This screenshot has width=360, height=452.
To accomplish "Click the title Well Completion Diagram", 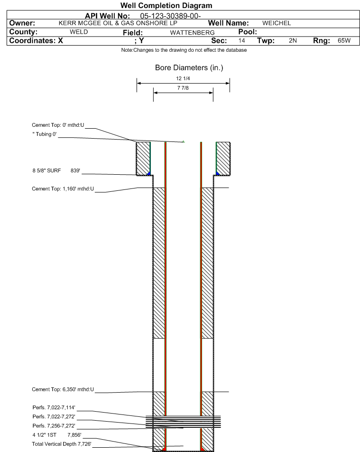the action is coord(166,6).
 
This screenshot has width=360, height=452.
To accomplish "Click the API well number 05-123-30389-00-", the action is coord(170,16).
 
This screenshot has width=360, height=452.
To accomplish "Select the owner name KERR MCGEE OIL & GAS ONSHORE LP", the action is coord(118,23).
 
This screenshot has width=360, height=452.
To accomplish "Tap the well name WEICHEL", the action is coord(277,23).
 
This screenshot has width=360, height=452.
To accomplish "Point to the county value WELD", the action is coord(79,32).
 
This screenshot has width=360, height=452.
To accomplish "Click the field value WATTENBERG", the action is coord(193,33).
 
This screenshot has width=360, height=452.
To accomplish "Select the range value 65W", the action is coord(344,40).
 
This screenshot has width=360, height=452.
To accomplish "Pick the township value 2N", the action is coord(293,40).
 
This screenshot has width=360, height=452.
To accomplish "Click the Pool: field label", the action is coord(248,32).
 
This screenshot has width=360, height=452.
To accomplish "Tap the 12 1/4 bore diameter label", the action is coord(183,78).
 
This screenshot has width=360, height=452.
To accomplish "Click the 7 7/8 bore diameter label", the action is coord(183,88).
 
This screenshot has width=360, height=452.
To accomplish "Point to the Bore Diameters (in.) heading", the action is coord(189,68).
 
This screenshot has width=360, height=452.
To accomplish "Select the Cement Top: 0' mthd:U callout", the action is coord(58,125).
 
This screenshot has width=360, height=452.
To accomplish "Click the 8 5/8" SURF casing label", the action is coord(46,170).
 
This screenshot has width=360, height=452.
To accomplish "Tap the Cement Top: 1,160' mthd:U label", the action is coord(63,189).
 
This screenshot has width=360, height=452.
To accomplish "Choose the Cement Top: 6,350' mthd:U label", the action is coord(63,389).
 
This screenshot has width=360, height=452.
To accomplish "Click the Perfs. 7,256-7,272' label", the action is coord(54,426).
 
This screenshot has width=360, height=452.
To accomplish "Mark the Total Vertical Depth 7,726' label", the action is coord(62,444).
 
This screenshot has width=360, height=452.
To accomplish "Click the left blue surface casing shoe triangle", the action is coord(149,173).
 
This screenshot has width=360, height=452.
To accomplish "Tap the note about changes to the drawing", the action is coord(184,50).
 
